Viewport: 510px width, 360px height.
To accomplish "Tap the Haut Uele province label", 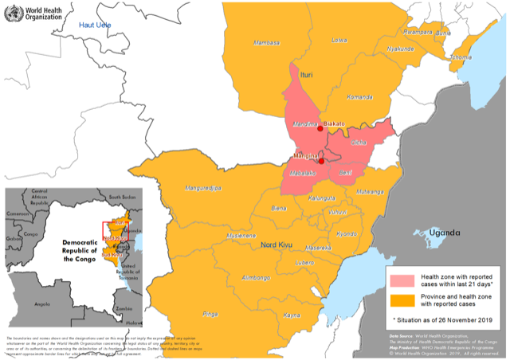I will point(96,27).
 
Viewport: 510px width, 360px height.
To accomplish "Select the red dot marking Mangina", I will point(321,160).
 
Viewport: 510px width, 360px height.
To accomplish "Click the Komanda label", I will point(359,97).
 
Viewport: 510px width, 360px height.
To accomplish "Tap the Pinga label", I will point(210,314).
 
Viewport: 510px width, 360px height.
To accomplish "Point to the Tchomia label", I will point(461,57).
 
